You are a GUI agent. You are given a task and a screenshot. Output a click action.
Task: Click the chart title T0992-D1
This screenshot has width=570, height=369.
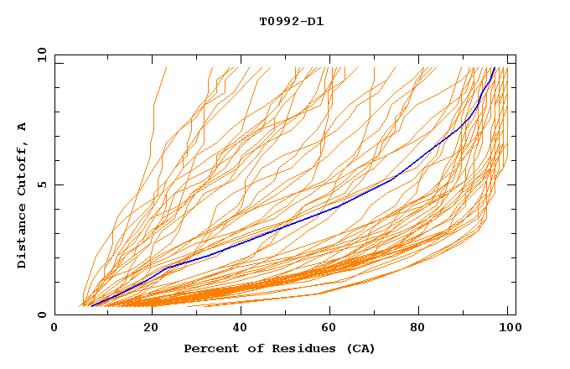point(291,21)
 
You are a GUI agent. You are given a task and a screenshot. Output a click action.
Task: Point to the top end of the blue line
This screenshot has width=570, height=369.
point(495,68)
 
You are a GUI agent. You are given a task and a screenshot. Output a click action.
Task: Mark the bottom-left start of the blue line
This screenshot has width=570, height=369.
point(91,306)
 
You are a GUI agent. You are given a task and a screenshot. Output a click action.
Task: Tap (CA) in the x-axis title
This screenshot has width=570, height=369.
point(359,348)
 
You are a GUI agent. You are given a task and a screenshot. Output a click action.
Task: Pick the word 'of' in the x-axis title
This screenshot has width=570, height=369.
point(249,348)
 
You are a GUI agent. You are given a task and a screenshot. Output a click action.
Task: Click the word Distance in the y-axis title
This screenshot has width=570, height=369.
point(22,235)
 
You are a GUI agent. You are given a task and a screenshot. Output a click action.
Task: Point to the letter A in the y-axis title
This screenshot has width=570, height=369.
point(22,126)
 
